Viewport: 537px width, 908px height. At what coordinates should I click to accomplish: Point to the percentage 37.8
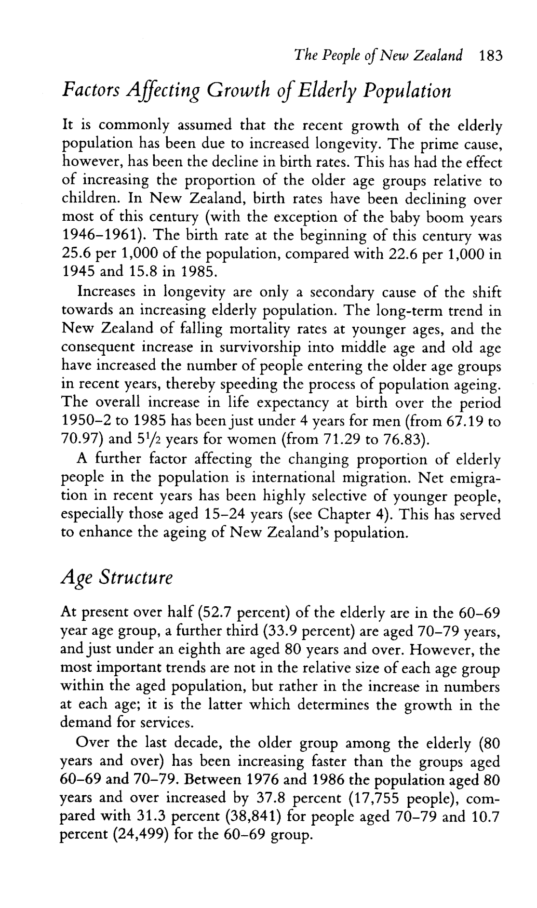point(270,798)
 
